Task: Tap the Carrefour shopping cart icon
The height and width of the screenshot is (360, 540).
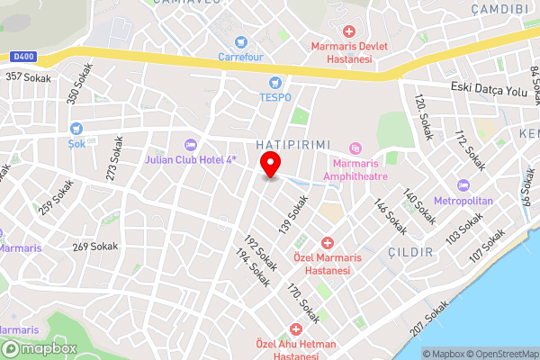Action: [241, 41]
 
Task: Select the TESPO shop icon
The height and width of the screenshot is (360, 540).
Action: [274, 82]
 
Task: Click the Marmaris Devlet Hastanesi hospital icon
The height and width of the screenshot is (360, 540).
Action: [348, 31]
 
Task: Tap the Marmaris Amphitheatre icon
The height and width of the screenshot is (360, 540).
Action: [355, 148]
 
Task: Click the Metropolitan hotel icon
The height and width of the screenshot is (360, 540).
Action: [463, 185]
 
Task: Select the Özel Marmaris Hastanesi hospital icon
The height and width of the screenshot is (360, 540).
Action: [328, 243]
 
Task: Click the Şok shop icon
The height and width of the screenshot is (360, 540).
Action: [75, 129]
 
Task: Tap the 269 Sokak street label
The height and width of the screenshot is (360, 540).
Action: [94, 246]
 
